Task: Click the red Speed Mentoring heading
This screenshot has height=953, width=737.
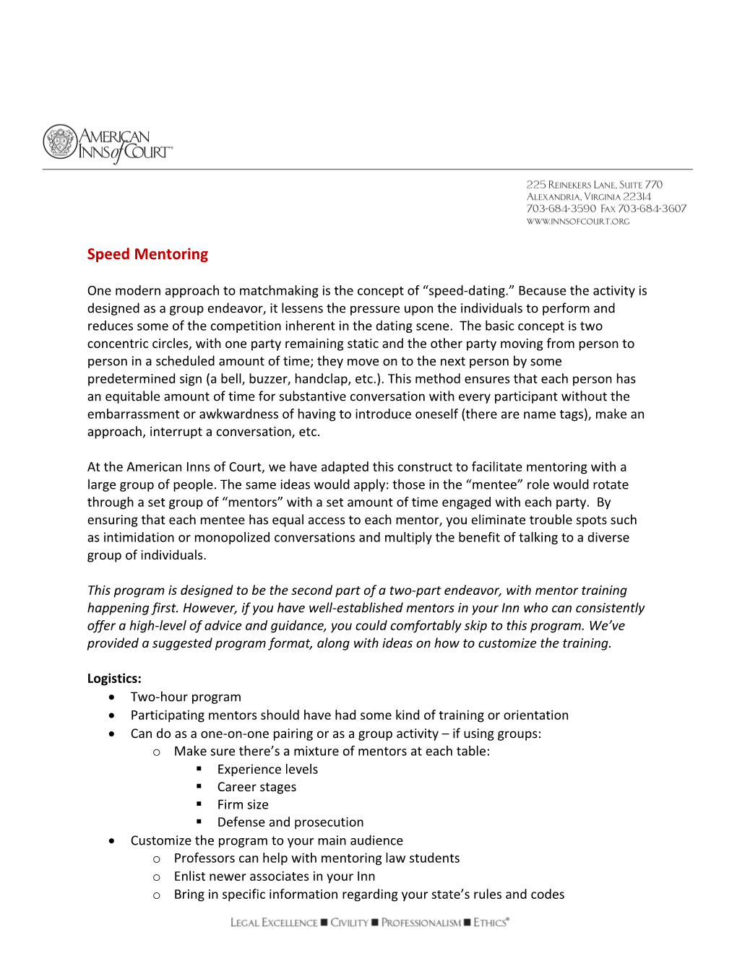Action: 147,254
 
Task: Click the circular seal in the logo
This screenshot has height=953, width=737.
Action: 60,142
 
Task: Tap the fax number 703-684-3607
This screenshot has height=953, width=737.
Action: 652,209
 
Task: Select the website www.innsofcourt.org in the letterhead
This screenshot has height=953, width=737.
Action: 578,222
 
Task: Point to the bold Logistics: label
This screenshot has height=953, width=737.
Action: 114,679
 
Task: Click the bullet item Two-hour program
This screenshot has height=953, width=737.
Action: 186,697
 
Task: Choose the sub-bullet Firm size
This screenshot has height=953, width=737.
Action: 243,805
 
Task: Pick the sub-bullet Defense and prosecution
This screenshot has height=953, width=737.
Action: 290,822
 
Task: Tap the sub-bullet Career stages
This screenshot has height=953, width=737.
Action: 257,787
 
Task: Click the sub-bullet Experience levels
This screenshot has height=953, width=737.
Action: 267,770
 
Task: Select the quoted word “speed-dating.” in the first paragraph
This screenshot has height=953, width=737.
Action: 468,291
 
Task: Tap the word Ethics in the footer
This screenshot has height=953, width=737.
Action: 491,923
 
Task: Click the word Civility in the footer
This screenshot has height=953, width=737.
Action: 349,923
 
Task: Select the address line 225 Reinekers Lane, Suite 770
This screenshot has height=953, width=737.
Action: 594,185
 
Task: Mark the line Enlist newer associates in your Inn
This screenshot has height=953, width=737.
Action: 275,876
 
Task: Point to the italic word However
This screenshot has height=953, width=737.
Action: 210,608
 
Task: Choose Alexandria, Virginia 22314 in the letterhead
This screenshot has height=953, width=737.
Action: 589,196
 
